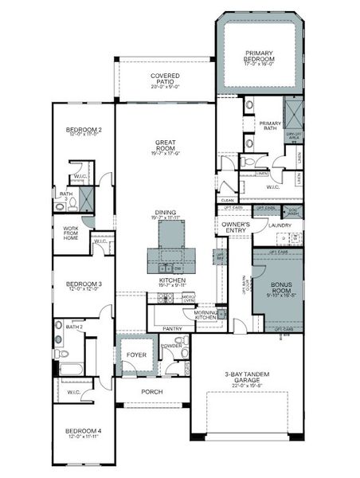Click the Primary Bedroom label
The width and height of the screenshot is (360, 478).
259,56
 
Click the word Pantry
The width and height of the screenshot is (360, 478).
171,328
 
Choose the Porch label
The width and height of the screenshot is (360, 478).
151,391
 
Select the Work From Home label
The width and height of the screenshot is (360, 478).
71,233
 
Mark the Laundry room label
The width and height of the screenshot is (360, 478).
280,225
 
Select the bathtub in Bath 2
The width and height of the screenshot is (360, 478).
69,369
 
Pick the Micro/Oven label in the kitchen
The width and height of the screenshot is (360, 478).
188,298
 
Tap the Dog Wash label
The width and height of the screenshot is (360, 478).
293,210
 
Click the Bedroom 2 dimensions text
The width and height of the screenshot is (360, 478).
83,135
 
